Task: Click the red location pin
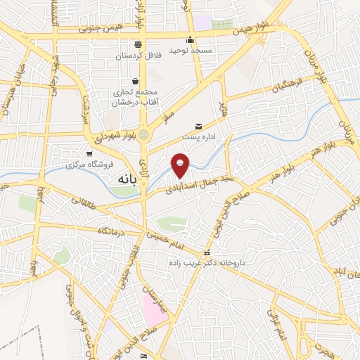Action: point(181,165)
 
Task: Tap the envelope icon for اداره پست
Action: point(198,126)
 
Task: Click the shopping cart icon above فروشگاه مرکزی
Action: point(89,154)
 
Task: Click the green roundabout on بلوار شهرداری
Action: point(144,134)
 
